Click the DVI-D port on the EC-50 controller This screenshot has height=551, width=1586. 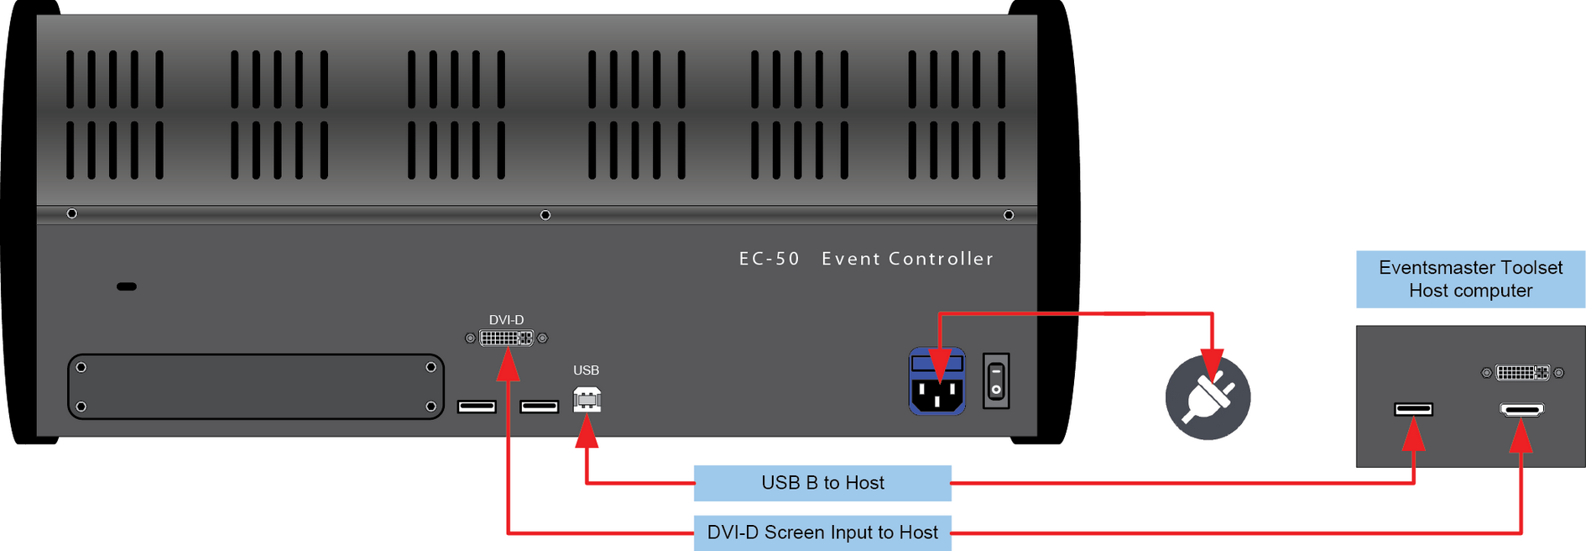point(506,338)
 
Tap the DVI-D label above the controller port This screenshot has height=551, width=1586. point(506,320)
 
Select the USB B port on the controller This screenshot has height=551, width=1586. point(587,400)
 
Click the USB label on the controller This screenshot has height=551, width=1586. point(586,370)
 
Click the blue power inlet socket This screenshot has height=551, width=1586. point(936,381)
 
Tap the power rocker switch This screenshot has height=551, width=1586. point(996,380)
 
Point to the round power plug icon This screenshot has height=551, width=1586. point(1208,397)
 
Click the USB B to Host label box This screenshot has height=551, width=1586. point(822,483)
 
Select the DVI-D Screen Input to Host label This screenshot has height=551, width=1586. point(822,533)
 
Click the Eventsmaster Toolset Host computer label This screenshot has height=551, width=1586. point(1470,279)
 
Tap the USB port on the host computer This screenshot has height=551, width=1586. point(1413,409)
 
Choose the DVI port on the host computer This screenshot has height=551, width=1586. point(1522,372)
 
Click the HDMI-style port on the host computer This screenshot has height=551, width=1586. point(1521,410)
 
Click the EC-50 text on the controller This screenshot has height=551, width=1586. point(770,259)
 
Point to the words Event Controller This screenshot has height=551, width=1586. point(907,259)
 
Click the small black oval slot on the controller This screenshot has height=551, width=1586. point(127,286)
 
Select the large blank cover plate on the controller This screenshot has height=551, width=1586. point(256,386)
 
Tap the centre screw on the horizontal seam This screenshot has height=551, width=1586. point(545,215)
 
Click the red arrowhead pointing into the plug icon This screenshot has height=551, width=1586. point(1211,366)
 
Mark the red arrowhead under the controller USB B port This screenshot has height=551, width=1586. point(587,432)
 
